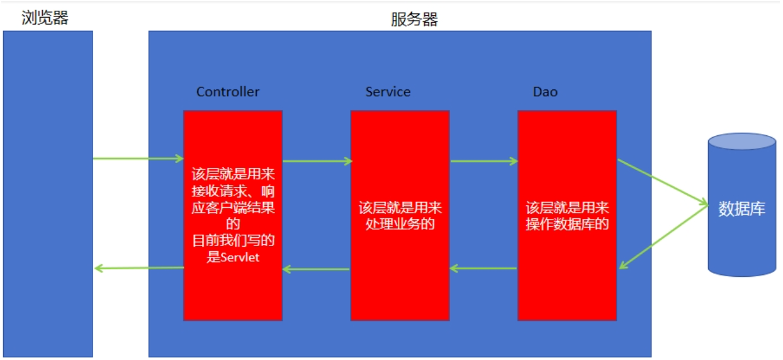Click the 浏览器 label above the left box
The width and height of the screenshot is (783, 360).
click(x=45, y=18)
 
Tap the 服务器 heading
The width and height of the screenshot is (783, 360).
click(x=414, y=20)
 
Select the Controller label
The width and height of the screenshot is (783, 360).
click(x=228, y=92)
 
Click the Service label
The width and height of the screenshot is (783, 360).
click(x=388, y=92)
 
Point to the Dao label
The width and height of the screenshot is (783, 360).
click(x=545, y=92)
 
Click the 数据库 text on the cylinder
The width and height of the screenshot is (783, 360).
click(x=742, y=210)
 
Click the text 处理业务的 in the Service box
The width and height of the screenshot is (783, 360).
click(x=400, y=223)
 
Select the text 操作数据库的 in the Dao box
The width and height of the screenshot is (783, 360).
click(x=567, y=223)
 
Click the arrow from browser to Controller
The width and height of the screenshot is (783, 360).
click(x=138, y=159)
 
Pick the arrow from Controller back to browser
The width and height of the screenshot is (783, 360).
click(x=138, y=268)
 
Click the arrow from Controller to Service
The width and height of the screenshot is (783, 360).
click(x=317, y=161)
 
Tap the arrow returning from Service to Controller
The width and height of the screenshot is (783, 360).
click(x=317, y=269)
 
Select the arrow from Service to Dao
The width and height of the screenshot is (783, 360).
click(x=483, y=161)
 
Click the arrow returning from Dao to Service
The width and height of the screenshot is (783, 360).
click(x=483, y=269)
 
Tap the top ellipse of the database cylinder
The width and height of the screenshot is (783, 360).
click(x=742, y=142)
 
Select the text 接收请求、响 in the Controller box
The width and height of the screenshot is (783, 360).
click(x=233, y=191)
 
